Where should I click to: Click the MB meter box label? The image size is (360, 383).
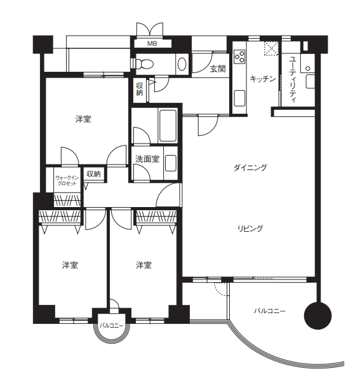point(152,44)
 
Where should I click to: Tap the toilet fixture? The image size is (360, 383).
point(145,64)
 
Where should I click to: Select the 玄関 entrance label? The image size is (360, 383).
point(218,69)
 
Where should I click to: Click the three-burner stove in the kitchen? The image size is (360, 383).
point(239,57)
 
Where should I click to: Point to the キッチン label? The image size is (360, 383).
point(263,79)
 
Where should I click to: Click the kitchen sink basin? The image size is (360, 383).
point(239,98)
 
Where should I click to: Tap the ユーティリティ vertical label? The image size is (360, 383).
point(293,79)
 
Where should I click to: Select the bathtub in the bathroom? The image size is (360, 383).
point(168,126)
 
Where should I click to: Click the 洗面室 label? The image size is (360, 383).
point(147,159)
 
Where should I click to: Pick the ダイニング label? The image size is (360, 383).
point(250,168)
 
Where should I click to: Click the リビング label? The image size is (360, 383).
point(250,229)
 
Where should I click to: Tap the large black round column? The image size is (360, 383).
point(317,316)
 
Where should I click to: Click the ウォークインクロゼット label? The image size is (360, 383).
point(67,180)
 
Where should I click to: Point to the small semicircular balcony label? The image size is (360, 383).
point(111,326)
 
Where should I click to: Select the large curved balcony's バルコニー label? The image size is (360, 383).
point(269,311)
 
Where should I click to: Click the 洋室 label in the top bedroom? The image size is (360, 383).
point(83,119)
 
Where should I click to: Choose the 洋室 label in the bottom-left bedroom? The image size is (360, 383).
point(70,265)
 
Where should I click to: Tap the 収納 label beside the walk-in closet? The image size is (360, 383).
point(93,174)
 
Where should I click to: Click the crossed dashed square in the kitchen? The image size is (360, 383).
point(271,48)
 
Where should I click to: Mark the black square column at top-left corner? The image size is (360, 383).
point(43,44)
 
